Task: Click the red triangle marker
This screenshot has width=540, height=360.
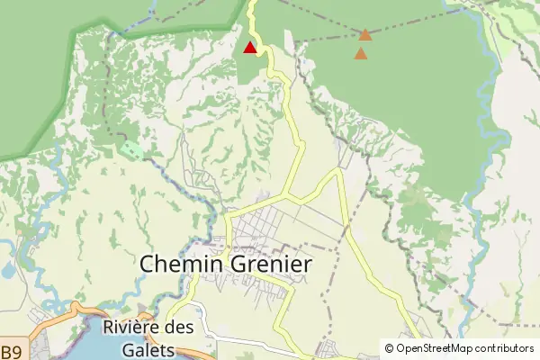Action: point(249,47)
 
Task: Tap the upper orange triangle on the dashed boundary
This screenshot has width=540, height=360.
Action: point(365,35)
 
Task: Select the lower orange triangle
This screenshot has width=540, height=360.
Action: point(361,54)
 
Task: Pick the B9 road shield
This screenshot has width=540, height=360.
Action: point(10,351)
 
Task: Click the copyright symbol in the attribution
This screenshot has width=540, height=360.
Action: point(389,348)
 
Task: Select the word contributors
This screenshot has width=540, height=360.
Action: point(505,348)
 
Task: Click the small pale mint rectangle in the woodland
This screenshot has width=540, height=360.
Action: point(130,149)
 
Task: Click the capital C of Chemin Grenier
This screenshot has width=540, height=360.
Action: point(149,265)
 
